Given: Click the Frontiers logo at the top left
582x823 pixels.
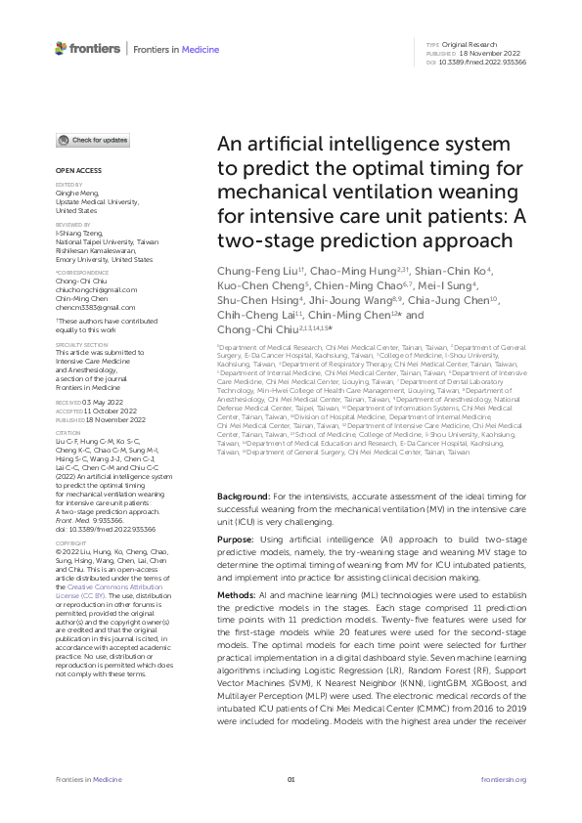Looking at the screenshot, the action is point(88,48).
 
